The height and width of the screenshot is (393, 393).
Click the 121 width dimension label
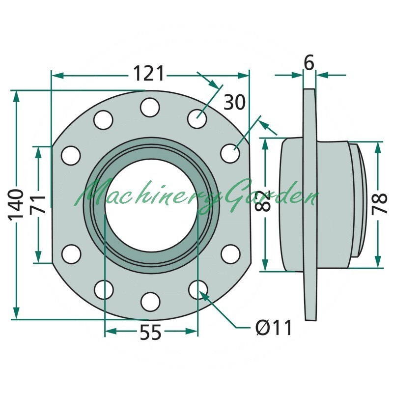[149, 73]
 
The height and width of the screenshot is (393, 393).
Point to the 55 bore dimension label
[150, 333]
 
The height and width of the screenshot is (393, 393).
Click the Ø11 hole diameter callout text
[274, 327]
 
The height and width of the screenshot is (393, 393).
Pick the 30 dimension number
[234, 102]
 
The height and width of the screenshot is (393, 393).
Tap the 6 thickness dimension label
[309, 63]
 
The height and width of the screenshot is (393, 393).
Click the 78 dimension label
[380, 204]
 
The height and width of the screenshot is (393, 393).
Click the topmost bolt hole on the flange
[150, 107]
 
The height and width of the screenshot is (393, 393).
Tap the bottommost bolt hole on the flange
[150, 302]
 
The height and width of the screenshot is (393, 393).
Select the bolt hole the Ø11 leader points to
[198, 290]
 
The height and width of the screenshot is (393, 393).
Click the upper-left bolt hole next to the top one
[103, 120]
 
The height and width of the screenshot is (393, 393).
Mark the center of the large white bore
[151, 205]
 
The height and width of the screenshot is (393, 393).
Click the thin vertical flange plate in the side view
[310, 204]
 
